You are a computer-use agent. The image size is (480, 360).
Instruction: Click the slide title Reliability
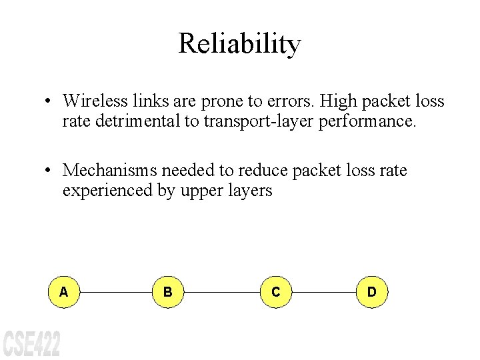click(x=240, y=44)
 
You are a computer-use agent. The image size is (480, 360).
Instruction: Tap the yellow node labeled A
click(x=63, y=292)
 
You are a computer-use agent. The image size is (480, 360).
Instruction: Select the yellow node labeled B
click(x=168, y=292)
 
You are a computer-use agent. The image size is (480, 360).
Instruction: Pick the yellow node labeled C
click(x=275, y=292)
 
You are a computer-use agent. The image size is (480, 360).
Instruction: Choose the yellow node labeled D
click(x=371, y=292)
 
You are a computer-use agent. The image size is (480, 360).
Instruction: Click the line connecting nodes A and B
click(x=115, y=292)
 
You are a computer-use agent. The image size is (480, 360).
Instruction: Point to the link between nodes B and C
click(x=221, y=292)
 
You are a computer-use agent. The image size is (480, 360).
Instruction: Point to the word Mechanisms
click(x=106, y=171)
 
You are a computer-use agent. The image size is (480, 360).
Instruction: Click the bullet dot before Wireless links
click(x=49, y=101)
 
